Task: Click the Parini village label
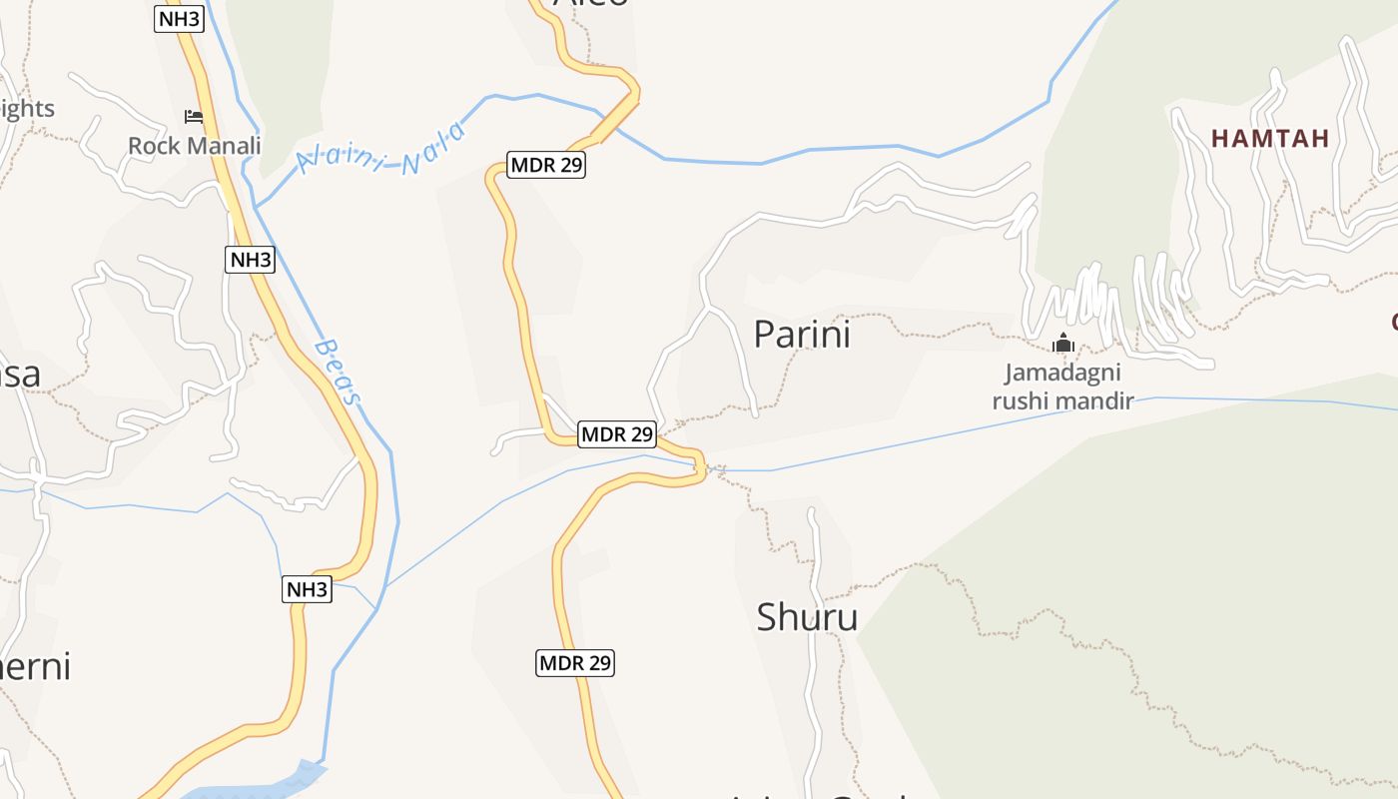coord(802,335)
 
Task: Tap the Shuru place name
coord(807,617)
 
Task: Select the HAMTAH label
coord(1270,139)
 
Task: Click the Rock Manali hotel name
coord(195,146)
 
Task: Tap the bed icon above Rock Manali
coord(194,118)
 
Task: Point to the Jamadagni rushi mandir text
coord(1062,388)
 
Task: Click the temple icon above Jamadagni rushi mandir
coord(1063,345)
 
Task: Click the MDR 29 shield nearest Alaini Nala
coord(545,165)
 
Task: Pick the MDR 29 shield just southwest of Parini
coord(617,434)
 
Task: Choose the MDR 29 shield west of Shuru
coord(574,662)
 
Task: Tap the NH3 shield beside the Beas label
coord(250,260)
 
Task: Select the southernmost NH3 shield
coord(306,589)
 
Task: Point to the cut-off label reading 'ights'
coord(27,109)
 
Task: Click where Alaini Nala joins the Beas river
coord(257,207)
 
